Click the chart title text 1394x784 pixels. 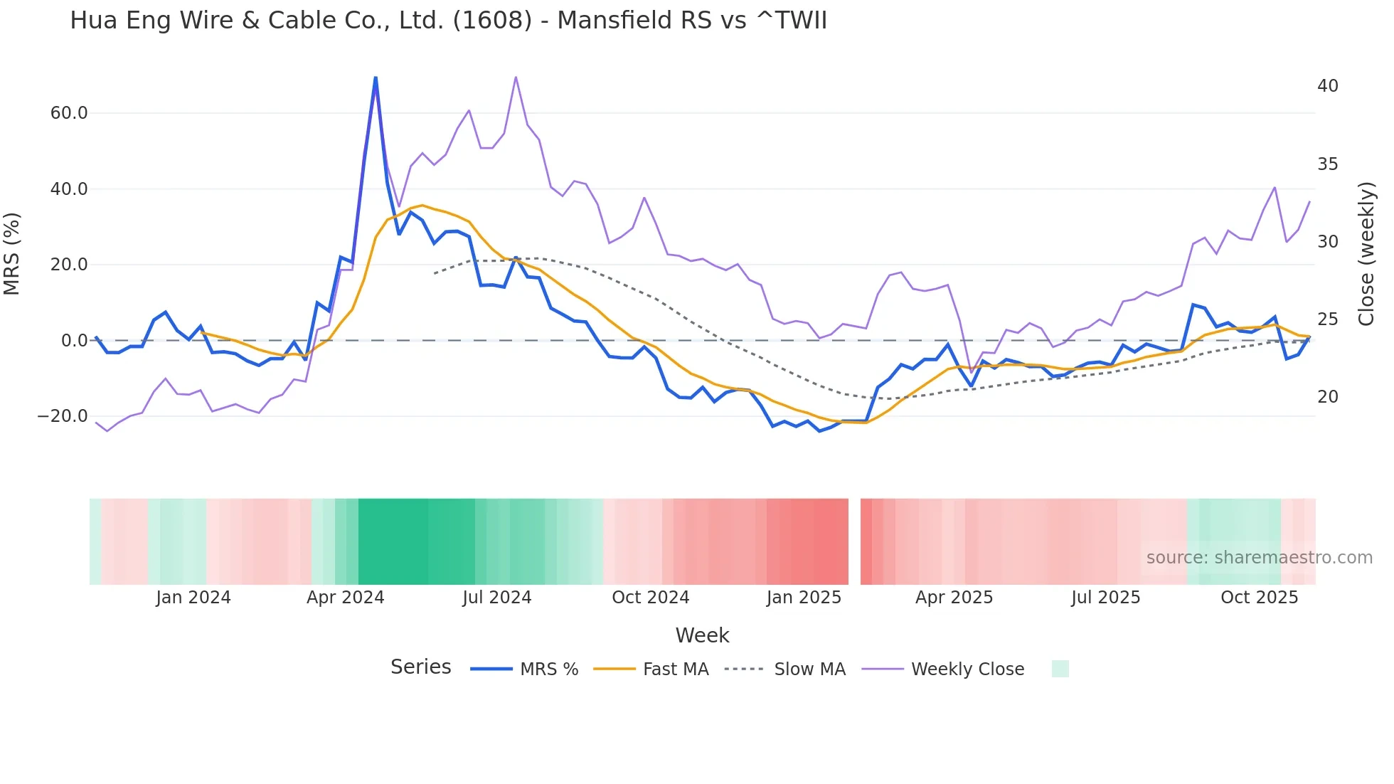(x=448, y=21)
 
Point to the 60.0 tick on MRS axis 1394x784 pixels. (x=69, y=113)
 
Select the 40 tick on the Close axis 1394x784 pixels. (x=1327, y=86)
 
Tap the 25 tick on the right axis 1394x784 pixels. (x=1327, y=319)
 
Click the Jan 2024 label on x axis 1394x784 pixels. (x=193, y=598)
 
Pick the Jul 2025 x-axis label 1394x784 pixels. (x=1105, y=598)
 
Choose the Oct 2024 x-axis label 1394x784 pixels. (x=650, y=598)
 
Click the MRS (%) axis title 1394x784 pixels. (x=12, y=254)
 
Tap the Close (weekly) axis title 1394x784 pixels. (x=1366, y=254)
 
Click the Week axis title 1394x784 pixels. (x=702, y=635)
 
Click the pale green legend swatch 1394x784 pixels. (x=1060, y=669)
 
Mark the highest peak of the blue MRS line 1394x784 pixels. (x=376, y=78)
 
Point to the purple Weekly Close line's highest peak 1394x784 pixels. (x=516, y=78)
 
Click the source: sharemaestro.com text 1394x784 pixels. (x=1259, y=558)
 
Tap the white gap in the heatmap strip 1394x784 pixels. (x=854, y=541)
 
